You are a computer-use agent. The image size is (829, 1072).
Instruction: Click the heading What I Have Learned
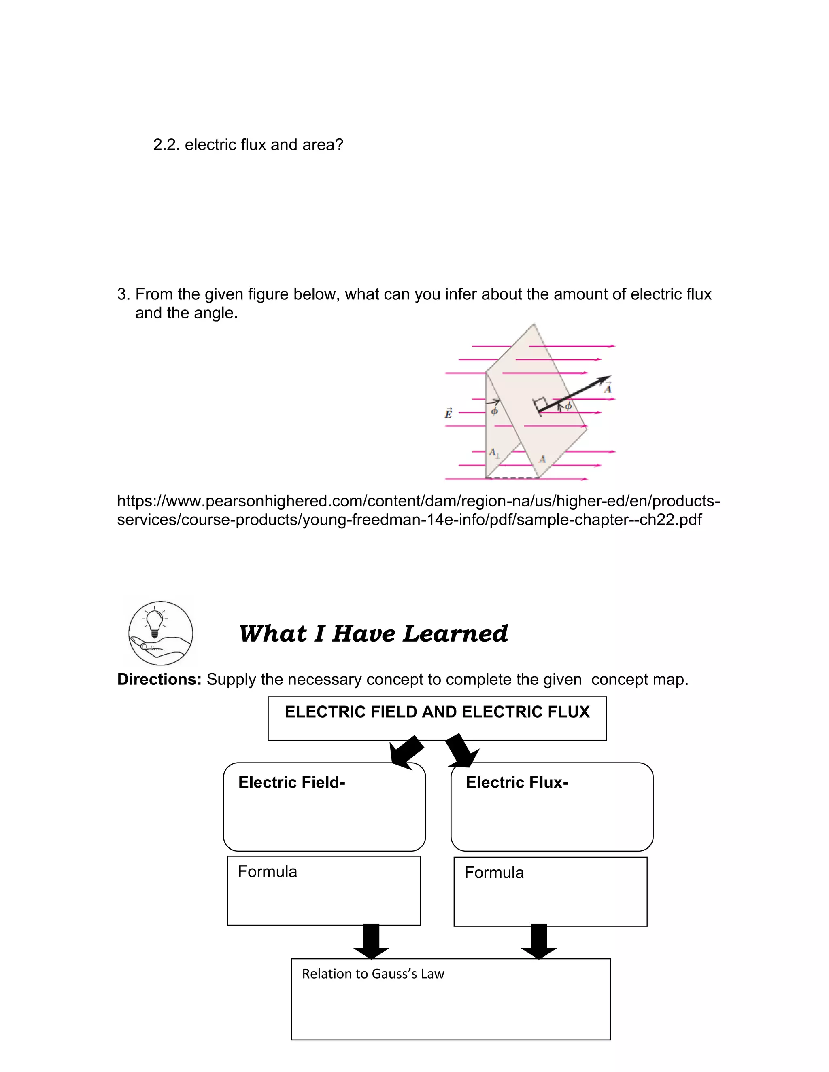(373, 633)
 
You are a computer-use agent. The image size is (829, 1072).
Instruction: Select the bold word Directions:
(159, 679)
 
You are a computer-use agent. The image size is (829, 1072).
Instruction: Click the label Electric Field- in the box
(292, 782)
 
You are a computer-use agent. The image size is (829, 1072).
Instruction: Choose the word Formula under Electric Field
(268, 872)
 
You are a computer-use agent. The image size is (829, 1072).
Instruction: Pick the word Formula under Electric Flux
(494, 873)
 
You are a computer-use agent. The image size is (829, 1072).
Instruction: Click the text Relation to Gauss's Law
(373, 974)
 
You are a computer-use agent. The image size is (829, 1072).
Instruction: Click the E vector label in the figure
(449, 413)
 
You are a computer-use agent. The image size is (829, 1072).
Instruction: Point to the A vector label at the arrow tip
(608, 388)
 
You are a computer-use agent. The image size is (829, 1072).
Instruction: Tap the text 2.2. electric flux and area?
(248, 145)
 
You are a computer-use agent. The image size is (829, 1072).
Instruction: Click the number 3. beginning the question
(124, 294)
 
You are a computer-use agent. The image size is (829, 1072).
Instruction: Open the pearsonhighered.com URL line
(419, 511)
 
